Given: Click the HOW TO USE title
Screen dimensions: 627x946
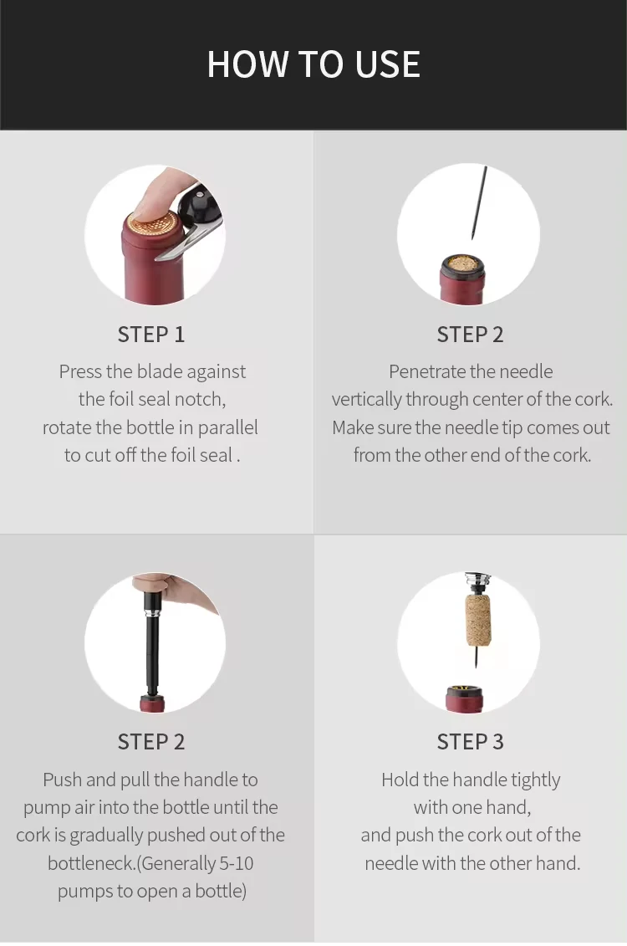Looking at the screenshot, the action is (x=313, y=64).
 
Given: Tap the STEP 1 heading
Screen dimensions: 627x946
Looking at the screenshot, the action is (x=150, y=335).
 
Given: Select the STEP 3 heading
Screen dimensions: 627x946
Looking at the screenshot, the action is (x=470, y=741).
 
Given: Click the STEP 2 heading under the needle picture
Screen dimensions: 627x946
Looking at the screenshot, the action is (x=470, y=335).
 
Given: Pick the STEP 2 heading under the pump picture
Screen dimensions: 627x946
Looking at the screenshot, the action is (x=150, y=741).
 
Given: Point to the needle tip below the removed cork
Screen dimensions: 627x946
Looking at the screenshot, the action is (x=473, y=666).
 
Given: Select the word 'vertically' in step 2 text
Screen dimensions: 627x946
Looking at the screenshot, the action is (x=366, y=400).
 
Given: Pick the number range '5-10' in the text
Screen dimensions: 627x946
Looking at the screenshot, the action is (x=236, y=863).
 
